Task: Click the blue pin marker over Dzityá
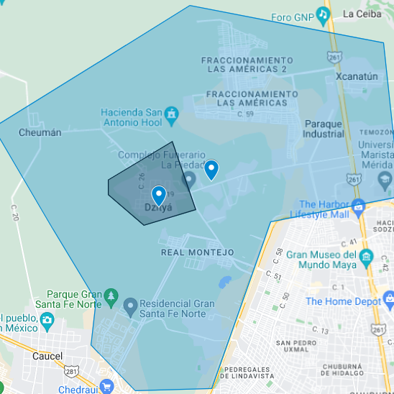click(x=159, y=195)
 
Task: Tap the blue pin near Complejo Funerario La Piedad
click(x=211, y=170)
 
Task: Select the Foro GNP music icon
click(x=324, y=14)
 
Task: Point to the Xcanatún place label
click(x=358, y=75)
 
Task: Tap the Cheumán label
click(x=40, y=133)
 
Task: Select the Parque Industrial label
click(x=324, y=129)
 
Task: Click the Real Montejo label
click(x=198, y=252)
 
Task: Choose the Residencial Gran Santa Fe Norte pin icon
click(x=130, y=307)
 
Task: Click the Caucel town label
click(x=47, y=356)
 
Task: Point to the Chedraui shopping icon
click(x=107, y=387)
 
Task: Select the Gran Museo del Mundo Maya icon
click(x=367, y=257)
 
